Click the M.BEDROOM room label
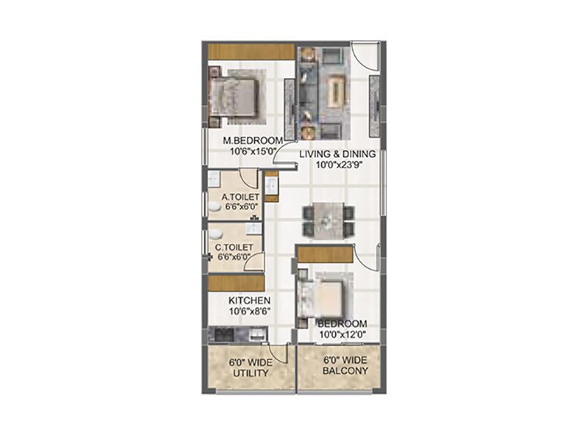[253, 141]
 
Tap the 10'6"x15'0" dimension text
[253, 151]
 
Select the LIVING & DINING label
[337, 154]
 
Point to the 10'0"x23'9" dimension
[338, 165]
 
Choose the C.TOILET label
[234, 248]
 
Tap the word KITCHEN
[249, 301]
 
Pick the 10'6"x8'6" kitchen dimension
[249, 311]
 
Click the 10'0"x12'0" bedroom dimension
[343, 334]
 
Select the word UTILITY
[251, 373]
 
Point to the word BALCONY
[345, 371]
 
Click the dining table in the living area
[328, 220]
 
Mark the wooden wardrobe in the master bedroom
[251, 51]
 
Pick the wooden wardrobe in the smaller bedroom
[326, 255]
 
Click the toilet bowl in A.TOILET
[215, 206]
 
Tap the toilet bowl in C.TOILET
[216, 234]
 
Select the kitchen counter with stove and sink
[237, 334]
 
